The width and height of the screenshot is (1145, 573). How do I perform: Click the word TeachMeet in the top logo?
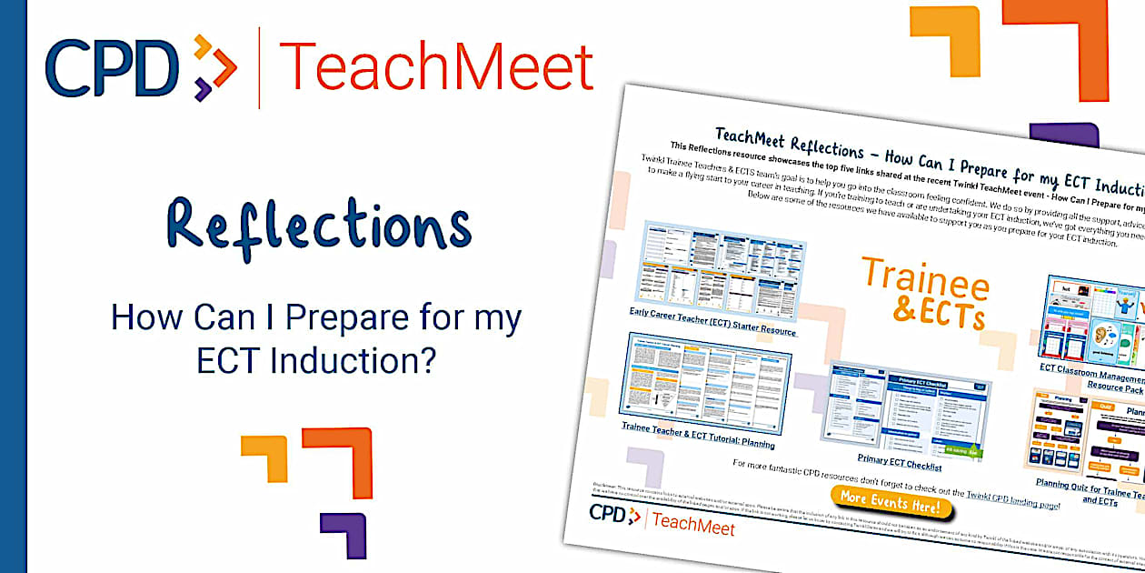tap(436, 66)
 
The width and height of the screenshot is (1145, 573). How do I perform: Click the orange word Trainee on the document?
tap(924, 278)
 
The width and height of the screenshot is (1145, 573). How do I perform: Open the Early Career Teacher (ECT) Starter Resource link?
tap(712, 322)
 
